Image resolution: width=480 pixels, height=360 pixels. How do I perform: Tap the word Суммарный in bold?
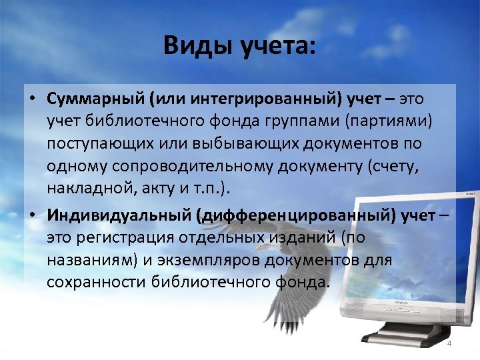click(96, 99)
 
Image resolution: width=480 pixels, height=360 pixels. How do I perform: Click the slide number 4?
click(449, 343)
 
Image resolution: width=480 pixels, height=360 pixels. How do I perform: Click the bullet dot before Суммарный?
click(32, 100)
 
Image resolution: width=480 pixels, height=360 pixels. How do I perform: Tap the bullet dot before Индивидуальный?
click(32, 216)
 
